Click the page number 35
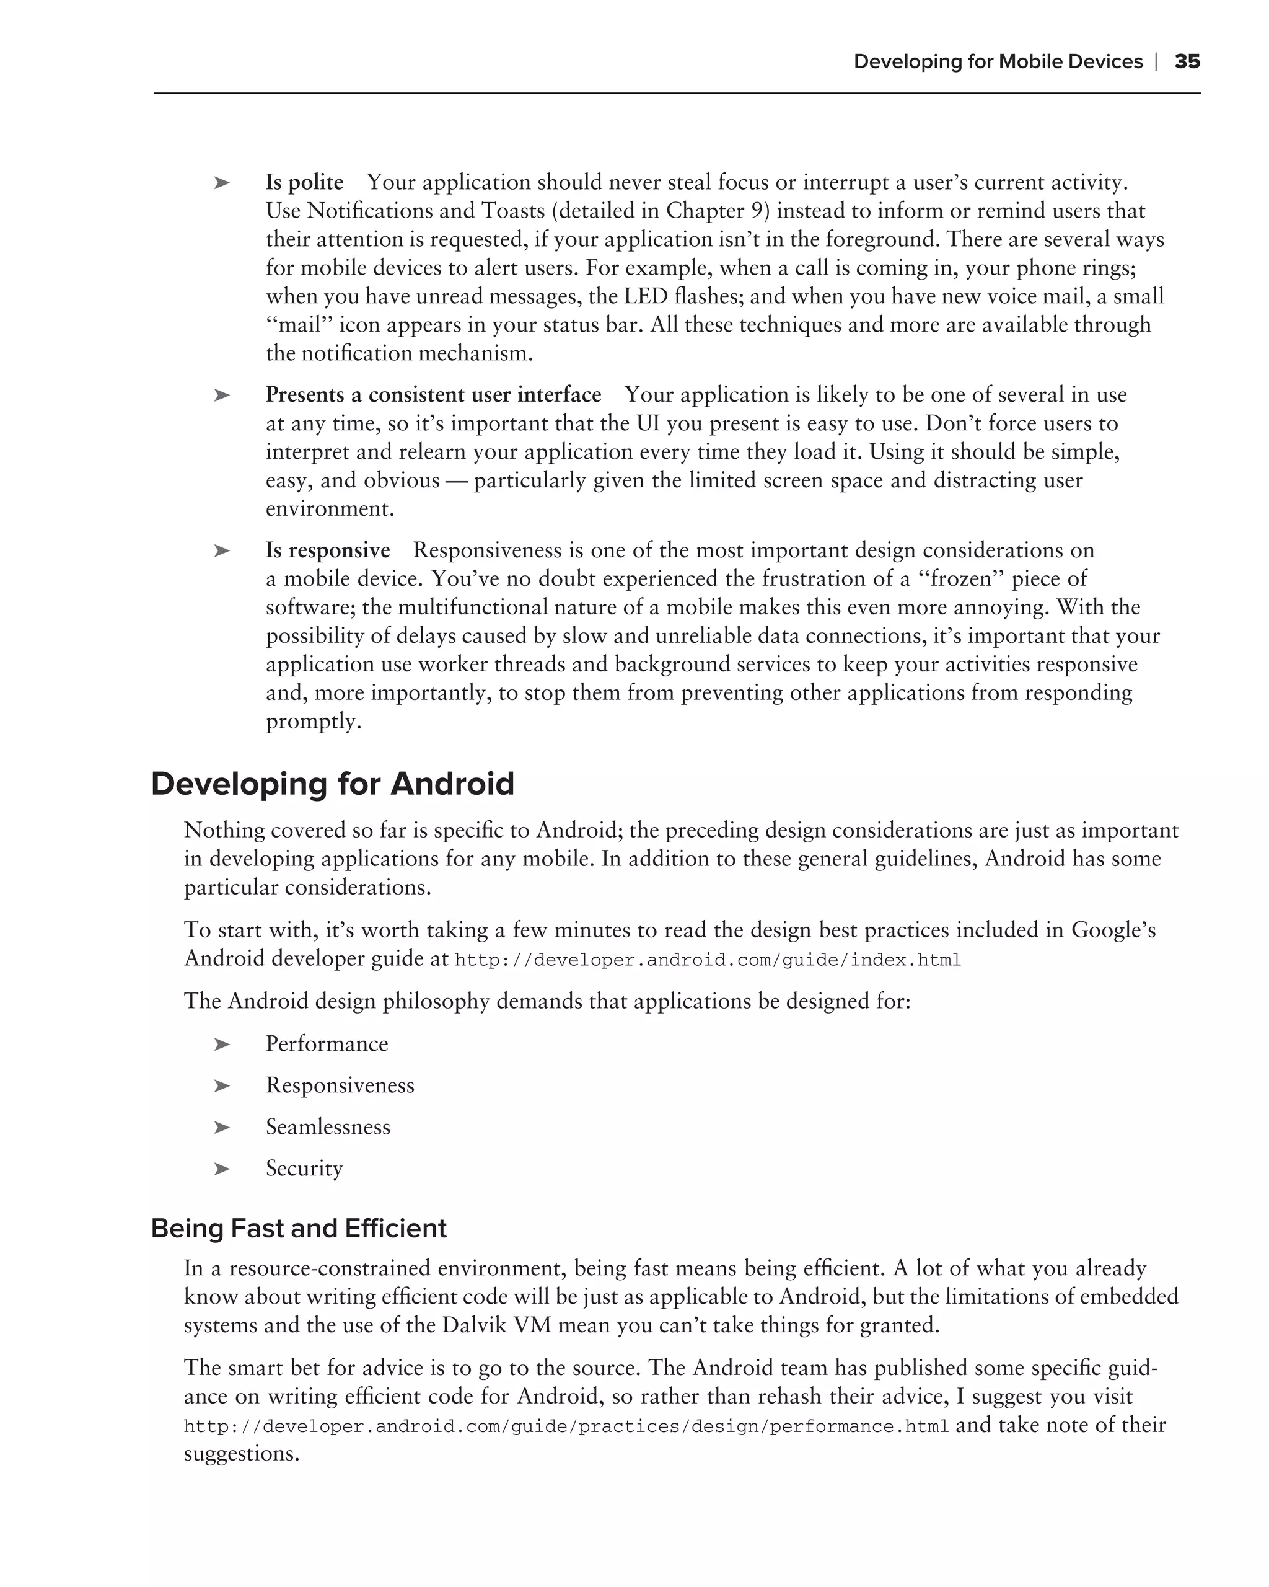pyautogui.click(x=1187, y=62)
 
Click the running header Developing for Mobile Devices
pyautogui.click(x=998, y=62)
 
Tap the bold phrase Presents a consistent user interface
pyautogui.click(x=433, y=396)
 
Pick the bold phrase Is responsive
pyautogui.click(x=327, y=550)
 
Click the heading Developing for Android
pyautogui.click(x=333, y=784)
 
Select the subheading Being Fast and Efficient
pyautogui.click(x=299, y=1229)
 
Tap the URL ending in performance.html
pyautogui.click(x=566, y=1426)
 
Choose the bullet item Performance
pyautogui.click(x=327, y=1044)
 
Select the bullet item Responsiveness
pyautogui.click(x=340, y=1085)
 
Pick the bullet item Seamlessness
pyautogui.click(x=328, y=1127)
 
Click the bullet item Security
pyautogui.click(x=304, y=1169)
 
